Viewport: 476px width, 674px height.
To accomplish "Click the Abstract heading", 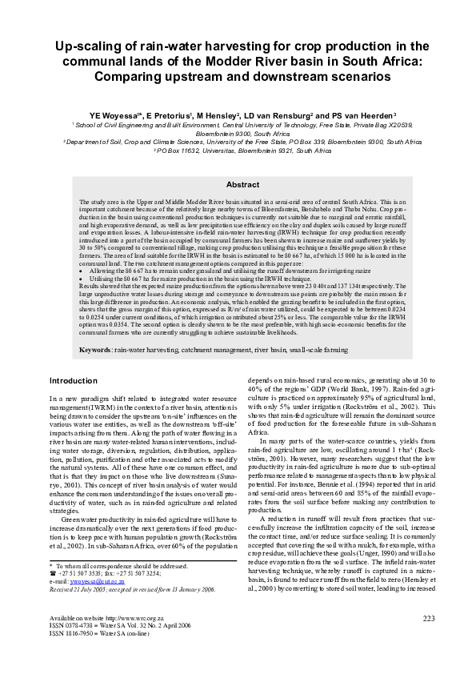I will click(x=238, y=184).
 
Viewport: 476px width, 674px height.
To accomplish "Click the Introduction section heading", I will click(x=74, y=380).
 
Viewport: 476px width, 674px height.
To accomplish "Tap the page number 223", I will click(x=428, y=640).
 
